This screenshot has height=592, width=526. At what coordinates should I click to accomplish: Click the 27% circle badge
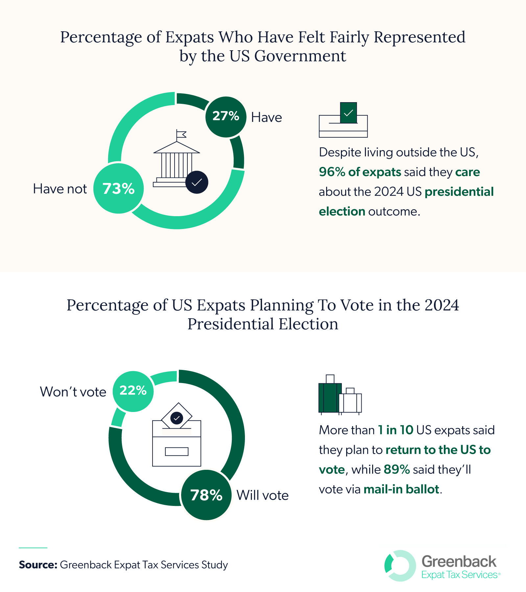pyautogui.click(x=226, y=117)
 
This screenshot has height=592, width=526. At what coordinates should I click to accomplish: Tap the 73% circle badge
pyautogui.click(x=118, y=189)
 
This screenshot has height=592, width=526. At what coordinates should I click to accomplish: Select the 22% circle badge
pyautogui.click(x=133, y=391)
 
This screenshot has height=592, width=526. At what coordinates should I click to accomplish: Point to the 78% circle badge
pyautogui.click(x=206, y=495)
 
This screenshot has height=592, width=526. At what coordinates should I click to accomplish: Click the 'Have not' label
pyautogui.click(x=60, y=189)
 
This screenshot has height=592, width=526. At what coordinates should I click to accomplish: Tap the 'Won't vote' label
pyautogui.click(x=73, y=392)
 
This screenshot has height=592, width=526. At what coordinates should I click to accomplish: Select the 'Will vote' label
pyautogui.click(x=262, y=495)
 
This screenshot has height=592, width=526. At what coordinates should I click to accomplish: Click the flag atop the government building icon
pyautogui.click(x=181, y=134)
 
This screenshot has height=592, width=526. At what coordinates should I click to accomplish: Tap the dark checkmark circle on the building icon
pyautogui.click(x=197, y=182)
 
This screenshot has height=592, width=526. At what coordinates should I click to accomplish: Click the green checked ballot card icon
pyautogui.click(x=348, y=113)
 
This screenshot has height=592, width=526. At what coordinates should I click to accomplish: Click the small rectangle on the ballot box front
pyautogui.click(x=177, y=451)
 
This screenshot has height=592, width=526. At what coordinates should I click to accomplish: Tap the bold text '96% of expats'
pyautogui.click(x=360, y=172)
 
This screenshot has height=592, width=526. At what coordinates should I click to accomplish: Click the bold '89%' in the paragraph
pyautogui.click(x=396, y=469)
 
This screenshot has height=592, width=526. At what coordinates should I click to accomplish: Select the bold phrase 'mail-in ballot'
pyautogui.click(x=401, y=489)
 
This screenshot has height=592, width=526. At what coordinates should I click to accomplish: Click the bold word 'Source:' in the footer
pyautogui.click(x=38, y=565)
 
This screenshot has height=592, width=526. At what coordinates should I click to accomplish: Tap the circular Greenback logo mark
pyautogui.click(x=400, y=566)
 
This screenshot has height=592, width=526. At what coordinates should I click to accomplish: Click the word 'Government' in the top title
pyautogui.click(x=300, y=56)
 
